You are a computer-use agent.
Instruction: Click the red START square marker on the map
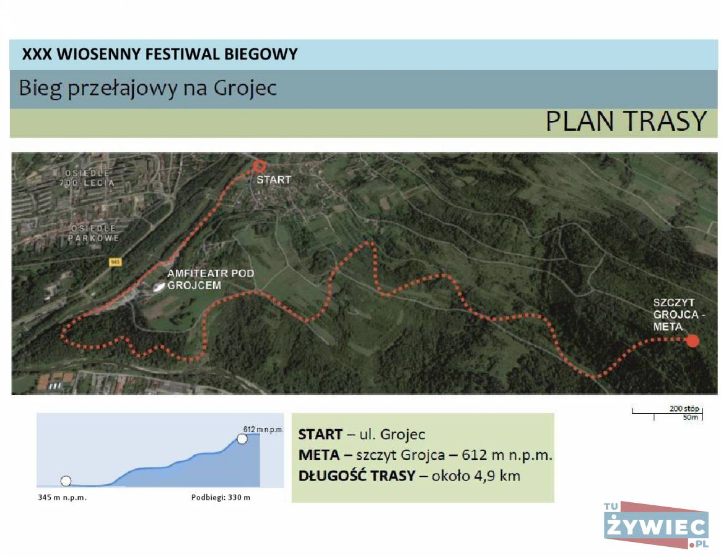pyautogui.click(x=260, y=166)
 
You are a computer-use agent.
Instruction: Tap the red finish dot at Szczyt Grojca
pyautogui.click(x=693, y=341)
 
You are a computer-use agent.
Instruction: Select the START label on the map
pyautogui.click(x=274, y=180)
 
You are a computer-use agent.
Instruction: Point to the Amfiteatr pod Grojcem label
pyautogui.click(x=211, y=279)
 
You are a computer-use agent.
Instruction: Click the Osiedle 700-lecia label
pyautogui.click(x=87, y=178)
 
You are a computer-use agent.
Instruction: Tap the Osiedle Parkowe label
pyautogui.click(x=94, y=233)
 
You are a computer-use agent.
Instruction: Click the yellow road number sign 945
pyautogui.click(x=115, y=262)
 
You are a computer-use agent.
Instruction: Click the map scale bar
pyautogui.click(x=667, y=412)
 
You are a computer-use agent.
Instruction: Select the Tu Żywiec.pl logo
pyautogui.click(x=656, y=525)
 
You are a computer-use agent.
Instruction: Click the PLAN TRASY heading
pyautogui.click(x=626, y=121)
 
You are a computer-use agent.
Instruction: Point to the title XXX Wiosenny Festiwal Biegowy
pyautogui.click(x=160, y=54)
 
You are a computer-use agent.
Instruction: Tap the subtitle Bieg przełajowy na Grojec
pyautogui.click(x=147, y=88)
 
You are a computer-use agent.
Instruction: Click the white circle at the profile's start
pyautogui.click(x=66, y=480)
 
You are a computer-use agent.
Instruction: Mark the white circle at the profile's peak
pyautogui.click(x=242, y=439)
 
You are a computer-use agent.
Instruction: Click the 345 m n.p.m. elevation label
pyautogui.click(x=62, y=497)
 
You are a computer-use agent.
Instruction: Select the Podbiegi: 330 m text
pyautogui.click(x=221, y=497)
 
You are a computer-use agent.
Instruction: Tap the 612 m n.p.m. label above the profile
pyautogui.click(x=263, y=429)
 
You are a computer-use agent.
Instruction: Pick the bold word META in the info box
pyautogui.click(x=318, y=455)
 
